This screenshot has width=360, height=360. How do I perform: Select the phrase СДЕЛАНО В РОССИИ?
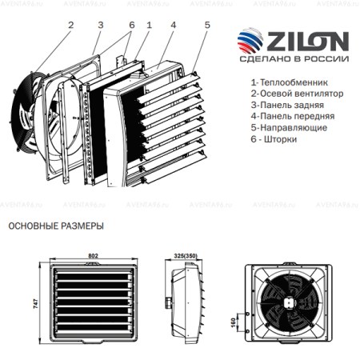(x=299, y=60)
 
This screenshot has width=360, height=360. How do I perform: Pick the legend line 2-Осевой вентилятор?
(x=298, y=94)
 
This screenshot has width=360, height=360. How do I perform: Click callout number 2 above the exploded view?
(x=70, y=24)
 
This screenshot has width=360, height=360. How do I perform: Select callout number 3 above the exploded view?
(x=100, y=24)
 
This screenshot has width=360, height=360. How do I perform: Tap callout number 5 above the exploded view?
(x=206, y=25)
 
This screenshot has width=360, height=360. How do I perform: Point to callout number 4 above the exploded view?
(x=173, y=25)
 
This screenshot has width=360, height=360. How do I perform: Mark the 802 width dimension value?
(x=93, y=255)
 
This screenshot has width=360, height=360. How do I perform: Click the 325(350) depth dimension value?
(x=185, y=255)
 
